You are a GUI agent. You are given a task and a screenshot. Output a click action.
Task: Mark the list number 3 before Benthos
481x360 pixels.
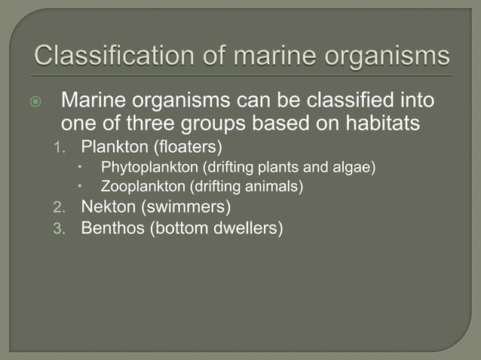click(66, 227)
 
